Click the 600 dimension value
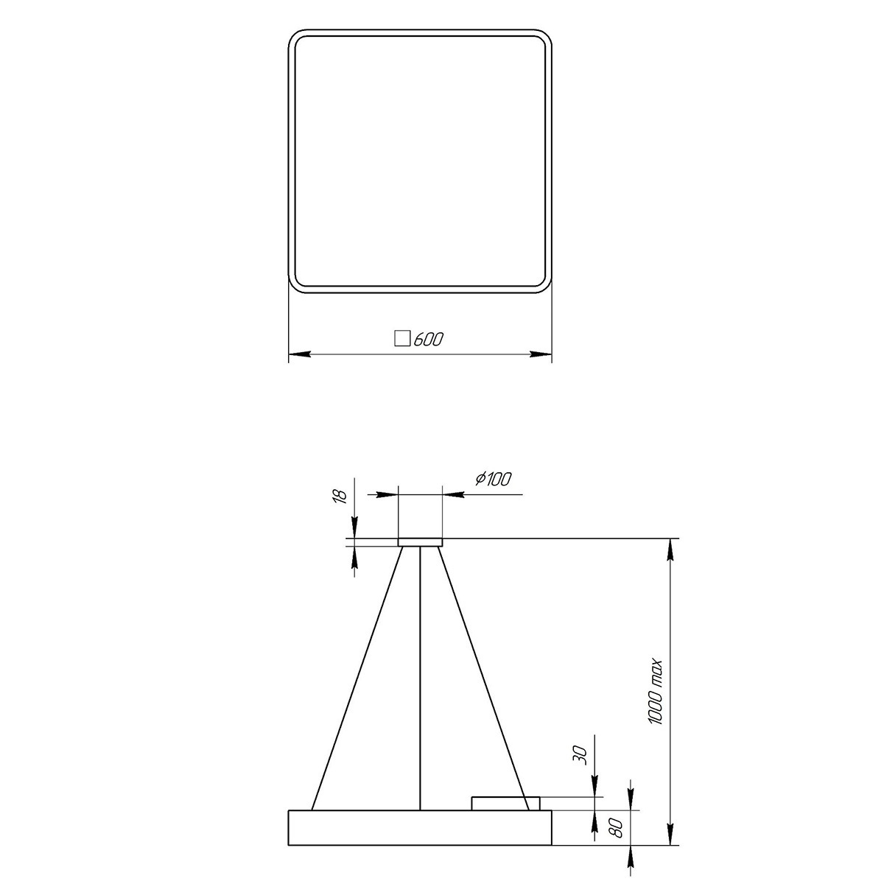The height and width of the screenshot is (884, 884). coord(429,339)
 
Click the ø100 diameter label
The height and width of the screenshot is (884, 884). coord(494,480)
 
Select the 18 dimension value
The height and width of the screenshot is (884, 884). coord(340,497)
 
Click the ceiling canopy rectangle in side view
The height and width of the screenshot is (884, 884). coord(420,541)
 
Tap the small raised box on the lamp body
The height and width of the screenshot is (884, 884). coord(505,803)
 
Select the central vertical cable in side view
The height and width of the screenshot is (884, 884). coord(420,678)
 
